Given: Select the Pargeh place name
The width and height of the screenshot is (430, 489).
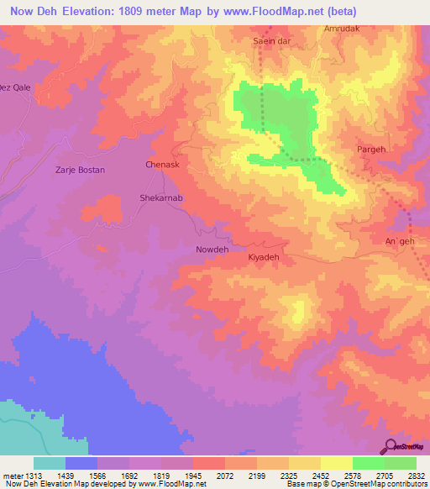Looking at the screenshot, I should (x=370, y=149).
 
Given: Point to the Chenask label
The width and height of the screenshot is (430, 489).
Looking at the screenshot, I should (x=163, y=166).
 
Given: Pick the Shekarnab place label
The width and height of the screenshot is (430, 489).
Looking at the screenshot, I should (x=159, y=199).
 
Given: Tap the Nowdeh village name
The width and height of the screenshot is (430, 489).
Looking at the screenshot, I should (x=212, y=250).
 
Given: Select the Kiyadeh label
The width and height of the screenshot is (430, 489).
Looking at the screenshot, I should (x=263, y=257).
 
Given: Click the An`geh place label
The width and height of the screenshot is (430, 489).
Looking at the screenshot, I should (x=400, y=242).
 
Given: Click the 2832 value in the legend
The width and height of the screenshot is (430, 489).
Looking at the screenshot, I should (x=416, y=476).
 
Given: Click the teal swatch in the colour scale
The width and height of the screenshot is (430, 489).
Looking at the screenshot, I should (x=50, y=463).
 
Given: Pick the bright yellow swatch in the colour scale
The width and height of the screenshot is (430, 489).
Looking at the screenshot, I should (x=337, y=463).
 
